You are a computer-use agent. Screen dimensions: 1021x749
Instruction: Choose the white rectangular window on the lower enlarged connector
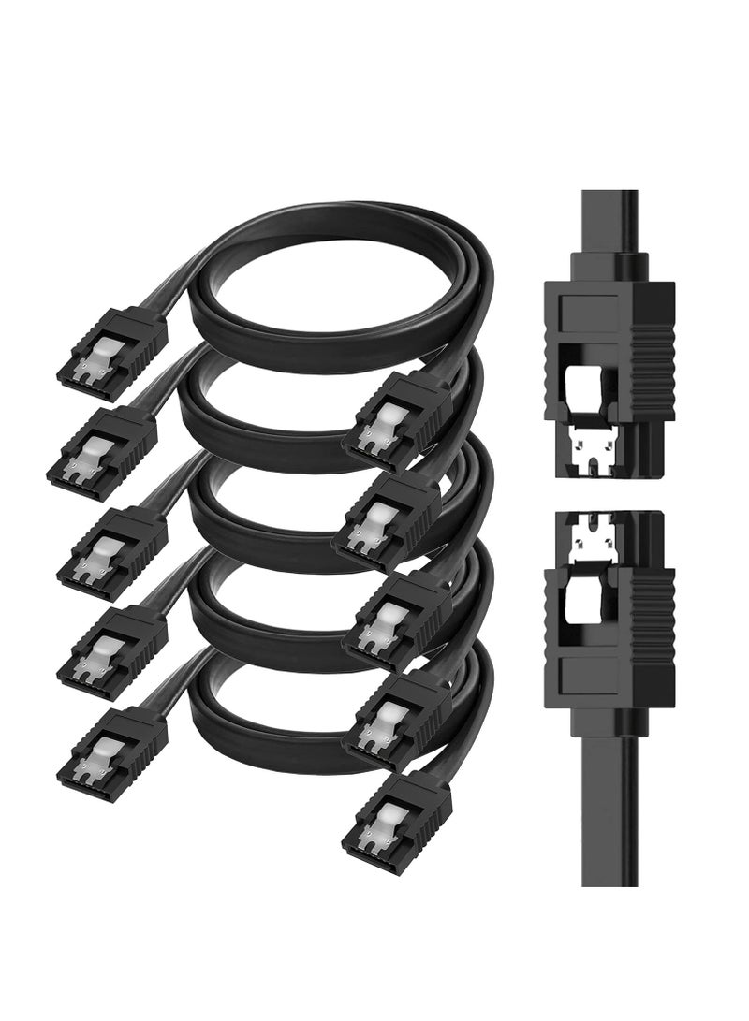(x=587, y=592)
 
